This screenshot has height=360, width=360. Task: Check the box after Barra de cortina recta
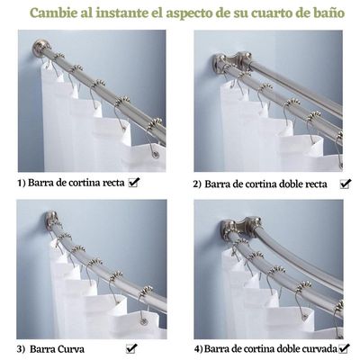pos(134,182)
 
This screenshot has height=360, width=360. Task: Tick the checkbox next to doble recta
pos(346,183)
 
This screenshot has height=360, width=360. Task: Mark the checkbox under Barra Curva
pos(132,347)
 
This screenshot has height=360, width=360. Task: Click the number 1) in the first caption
pos(22,183)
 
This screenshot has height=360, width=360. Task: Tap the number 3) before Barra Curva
pos(21,347)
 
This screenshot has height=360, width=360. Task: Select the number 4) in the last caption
pos(197,347)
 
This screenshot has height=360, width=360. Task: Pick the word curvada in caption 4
pos(318,347)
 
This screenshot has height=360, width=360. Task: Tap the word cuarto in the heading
pos(254,13)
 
